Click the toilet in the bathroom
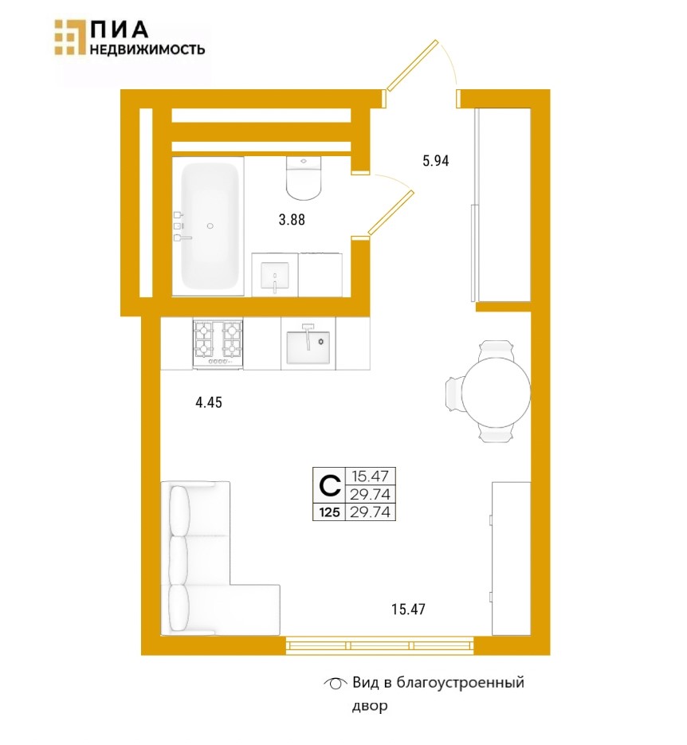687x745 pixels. pyautogui.click(x=304, y=178)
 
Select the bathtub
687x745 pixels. pyautogui.click(x=209, y=226)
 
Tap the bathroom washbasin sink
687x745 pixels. pyautogui.click(x=275, y=275)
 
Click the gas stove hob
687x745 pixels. pyautogui.click(x=218, y=344)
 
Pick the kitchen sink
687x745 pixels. pyautogui.click(x=308, y=343)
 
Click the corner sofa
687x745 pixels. pyautogui.click(x=219, y=559)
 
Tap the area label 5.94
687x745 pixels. pyautogui.click(x=436, y=161)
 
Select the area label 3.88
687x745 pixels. pyautogui.click(x=292, y=220)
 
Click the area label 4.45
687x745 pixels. pyautogui.click(x=209, y=403)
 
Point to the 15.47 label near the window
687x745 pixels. pyautogui.click(x=408, y=609)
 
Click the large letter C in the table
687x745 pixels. pyautogui.click(x=329, y=485)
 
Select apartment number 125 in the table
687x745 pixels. pyautogui.click(x=329, y=512)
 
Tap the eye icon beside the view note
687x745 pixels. pyautogui.click(x=336, y=684)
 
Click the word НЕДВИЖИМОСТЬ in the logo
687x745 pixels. pyautogui.click(x=147, y=49)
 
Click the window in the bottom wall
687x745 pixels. pyautogui.click(x=380, y=645)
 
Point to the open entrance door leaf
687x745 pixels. pyautogui.click(x=412, y=65)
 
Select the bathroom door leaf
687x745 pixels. pyautogui.click(x=391, y=213)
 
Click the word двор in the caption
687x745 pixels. pyautogui.click(x=370, y=706)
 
